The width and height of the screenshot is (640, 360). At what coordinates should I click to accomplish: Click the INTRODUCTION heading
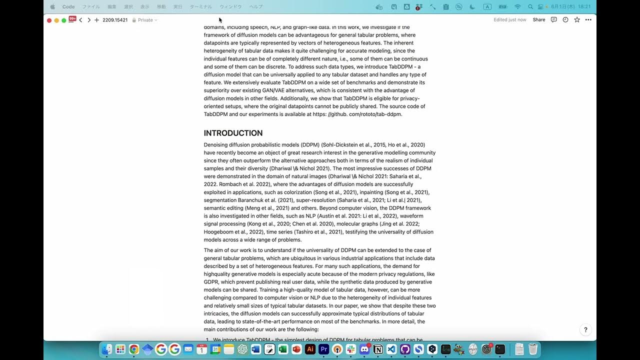pyautogui.click(x=233, y=133)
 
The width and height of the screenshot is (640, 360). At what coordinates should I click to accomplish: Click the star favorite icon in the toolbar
pyautogui.click(x=577, y=20)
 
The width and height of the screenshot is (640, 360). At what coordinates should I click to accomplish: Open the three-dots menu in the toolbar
pyautogui.click(x=588, y=20)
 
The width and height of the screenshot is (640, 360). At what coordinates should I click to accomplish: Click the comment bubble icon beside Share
pyautogui.click(x=553, y=20)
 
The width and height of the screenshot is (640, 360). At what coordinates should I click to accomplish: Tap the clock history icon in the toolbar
pyautogui.click(x=565, y=20)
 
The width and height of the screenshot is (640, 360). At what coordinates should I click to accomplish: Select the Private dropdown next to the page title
pyautogui.click(x=144, y=20)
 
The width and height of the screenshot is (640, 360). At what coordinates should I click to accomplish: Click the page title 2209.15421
pyautogui.click(x=115, y=20)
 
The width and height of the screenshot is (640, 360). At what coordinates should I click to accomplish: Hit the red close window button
pyautogui.click(x=49, y=20)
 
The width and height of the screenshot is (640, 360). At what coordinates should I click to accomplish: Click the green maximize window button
pyautogui.click(x=64, y=20)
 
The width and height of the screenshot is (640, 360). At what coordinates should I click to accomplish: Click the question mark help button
pyautogui.click(x=585, y=330)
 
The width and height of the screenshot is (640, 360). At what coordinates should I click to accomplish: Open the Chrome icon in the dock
pyautogui.click(x=134, y=349)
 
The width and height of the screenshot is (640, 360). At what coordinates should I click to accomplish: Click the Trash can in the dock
pyautogui.click(x=533, y=349)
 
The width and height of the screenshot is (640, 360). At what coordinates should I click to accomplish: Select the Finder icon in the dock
pyautogui.click(x=107, y=349)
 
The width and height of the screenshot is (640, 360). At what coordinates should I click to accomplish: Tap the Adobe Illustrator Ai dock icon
pyautogui.click(x=310, y=349)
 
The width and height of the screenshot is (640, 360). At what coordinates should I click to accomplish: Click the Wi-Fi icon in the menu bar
pyautogui.click(x=517, y=7)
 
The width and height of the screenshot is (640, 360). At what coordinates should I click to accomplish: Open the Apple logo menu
pyautogui.click(x=52, y=7)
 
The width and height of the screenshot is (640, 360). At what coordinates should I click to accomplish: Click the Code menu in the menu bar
pyautogui.click(x=68, y=7)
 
